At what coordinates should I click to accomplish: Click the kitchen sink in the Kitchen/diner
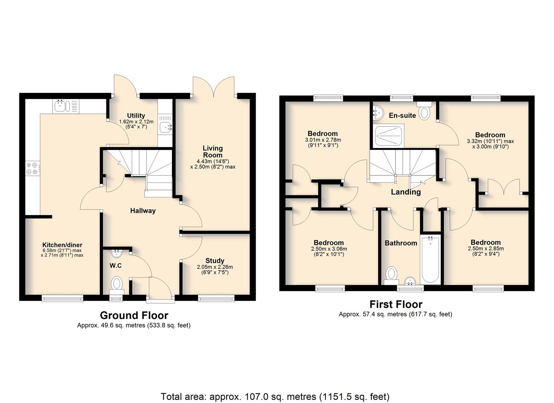click(66, 106)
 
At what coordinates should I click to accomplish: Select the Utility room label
click(136, 116)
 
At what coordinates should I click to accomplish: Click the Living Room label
click(213, 151)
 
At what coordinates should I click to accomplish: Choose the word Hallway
click(143, 211)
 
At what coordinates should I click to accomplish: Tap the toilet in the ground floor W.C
click(117, 285)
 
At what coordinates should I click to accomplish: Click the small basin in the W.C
click(116, 253)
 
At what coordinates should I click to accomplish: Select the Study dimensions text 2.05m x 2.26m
click(215, 267)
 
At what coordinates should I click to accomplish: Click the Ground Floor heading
click(134, 315)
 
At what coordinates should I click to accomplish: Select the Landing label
click(406, 192)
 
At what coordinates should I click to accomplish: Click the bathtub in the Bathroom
click(431, 259)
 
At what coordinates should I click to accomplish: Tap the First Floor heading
click(396, 304)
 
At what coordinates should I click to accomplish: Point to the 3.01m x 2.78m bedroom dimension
click(323, 140)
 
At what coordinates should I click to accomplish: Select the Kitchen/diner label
click(62, 245)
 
